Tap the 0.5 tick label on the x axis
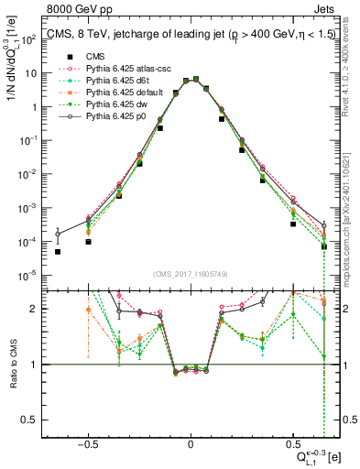[294, 442]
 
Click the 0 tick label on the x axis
[191, 442]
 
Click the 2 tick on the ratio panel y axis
[35, 309]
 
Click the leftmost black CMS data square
[58, 251]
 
